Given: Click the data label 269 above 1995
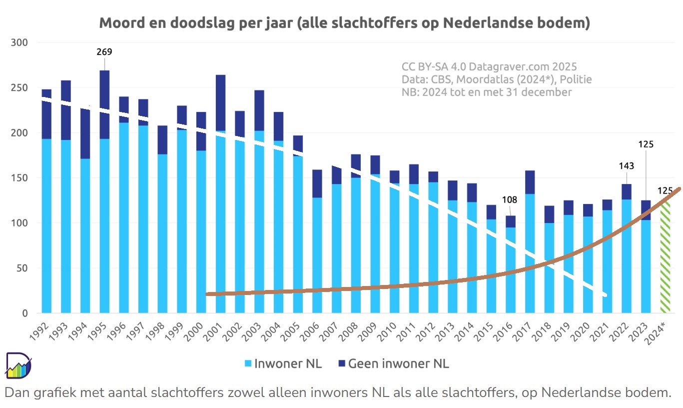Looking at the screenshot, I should (x=104, y=51).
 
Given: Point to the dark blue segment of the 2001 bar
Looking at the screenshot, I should (x=220, y=103).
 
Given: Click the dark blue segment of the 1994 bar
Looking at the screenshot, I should (x=85, y=134).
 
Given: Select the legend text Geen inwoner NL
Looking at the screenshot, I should (x=398, y=363).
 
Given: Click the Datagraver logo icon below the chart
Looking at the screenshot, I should (x=18, y=365).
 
